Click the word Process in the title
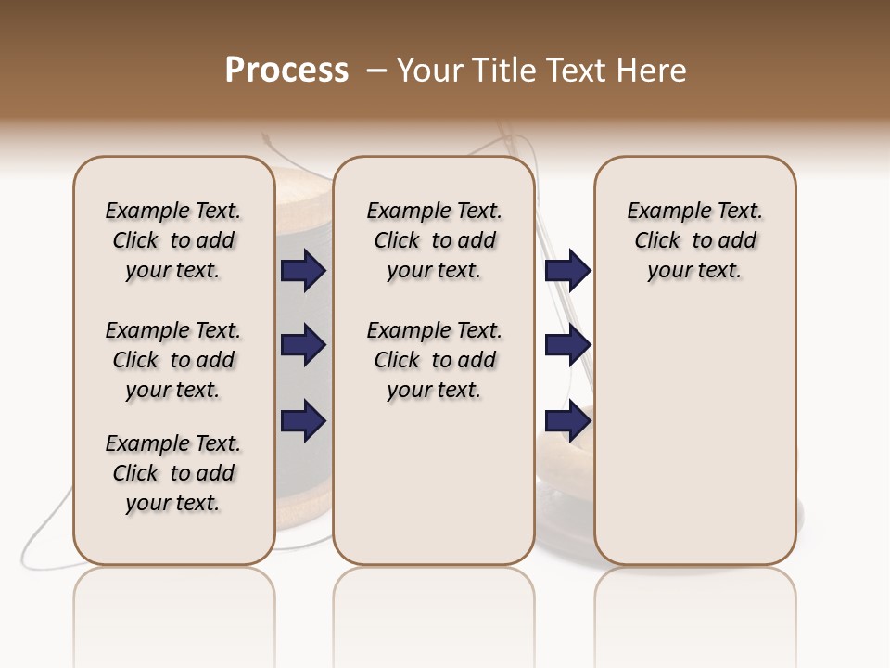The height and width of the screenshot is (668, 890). coord(286,71)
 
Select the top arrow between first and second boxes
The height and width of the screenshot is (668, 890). coord(303,270)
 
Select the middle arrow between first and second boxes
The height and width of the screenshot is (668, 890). coord(303,345)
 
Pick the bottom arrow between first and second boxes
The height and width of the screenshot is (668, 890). coord(303,421)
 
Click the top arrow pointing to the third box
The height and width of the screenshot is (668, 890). coord(567,270)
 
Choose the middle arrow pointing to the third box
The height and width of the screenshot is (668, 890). coord(567,345)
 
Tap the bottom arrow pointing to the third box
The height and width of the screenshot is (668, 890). coord(567,421)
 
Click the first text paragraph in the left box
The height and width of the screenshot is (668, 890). coord(173,240)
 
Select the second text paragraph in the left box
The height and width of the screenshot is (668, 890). coord(173,360)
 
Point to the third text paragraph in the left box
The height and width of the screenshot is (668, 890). coord(173,473)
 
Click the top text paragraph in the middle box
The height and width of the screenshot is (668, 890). coord(434,240)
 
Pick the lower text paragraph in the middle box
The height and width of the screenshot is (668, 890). coord(434,360)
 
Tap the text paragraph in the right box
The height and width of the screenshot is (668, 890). coord(695,240)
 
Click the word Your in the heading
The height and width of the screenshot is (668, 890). coord(428,71)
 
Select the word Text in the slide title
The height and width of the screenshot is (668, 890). coord(574,71)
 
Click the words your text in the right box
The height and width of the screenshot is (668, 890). coord(695,271)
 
